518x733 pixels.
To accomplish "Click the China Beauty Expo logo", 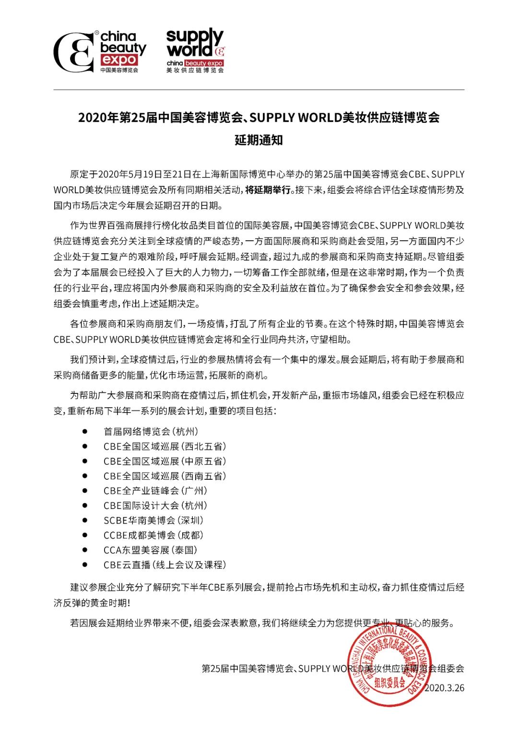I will [100, 51].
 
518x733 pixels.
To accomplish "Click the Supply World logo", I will [195, 50].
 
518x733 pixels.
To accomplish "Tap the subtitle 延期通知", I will [259, 140].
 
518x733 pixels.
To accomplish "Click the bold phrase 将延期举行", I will [268, 189].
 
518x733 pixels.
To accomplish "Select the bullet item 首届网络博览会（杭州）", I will [151, 431].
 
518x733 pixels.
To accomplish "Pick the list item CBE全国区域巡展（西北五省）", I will [165, 446].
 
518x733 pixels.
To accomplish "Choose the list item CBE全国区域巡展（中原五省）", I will [165, 461].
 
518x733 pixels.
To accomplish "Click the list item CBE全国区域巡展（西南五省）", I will [165, 476].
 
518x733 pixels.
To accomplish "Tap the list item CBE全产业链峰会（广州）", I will [155, 491].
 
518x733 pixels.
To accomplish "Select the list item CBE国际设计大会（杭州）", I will [155, 506].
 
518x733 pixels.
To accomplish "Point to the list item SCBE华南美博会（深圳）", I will [153, 520].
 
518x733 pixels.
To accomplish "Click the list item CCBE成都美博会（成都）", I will [153, 535].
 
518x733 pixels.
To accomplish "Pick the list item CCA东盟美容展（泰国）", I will [151, 550].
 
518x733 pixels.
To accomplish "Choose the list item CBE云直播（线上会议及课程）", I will [165, 565].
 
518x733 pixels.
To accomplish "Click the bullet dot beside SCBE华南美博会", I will [85, 520].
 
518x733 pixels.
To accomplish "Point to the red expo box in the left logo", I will [118, 59].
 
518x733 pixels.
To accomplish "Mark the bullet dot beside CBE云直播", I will [85, 565].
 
